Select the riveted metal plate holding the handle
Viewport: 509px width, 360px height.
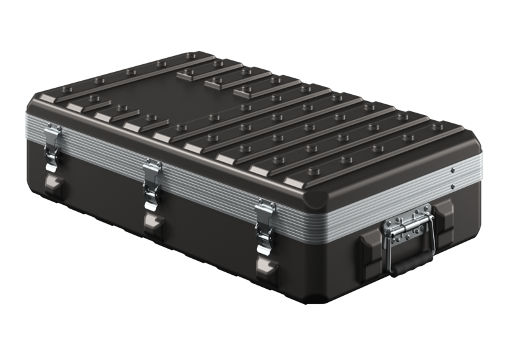407,226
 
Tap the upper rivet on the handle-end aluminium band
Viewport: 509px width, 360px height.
452,171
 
